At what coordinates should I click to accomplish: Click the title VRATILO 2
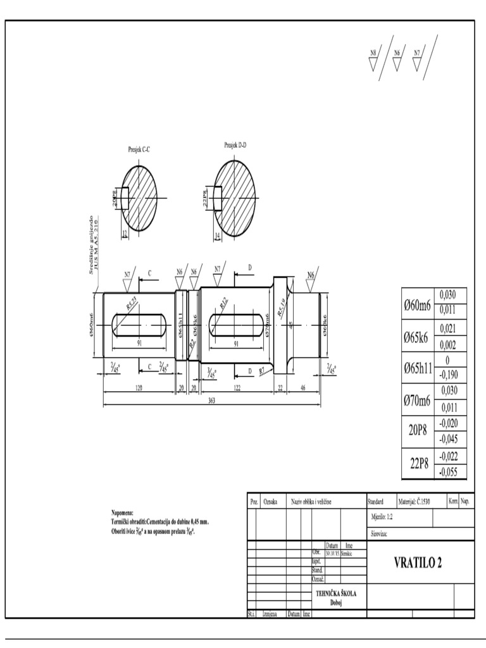point(418,562)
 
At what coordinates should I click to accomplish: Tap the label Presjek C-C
point(139,149)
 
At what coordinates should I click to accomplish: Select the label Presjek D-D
point(235,145)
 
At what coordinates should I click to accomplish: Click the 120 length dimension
point(139,388)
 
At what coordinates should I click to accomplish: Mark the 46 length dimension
point(303,388)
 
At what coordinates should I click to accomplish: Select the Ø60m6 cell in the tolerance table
point(417,305)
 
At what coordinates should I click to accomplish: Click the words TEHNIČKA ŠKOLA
point(336,594)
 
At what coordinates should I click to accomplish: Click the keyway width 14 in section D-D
point(218,235)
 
